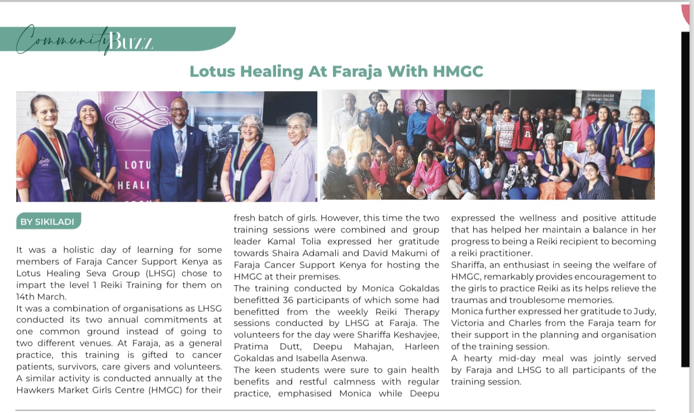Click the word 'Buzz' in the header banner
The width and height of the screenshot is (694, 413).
click(x=131, y=40)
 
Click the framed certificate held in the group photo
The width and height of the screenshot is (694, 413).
click(x=570, y=148)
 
